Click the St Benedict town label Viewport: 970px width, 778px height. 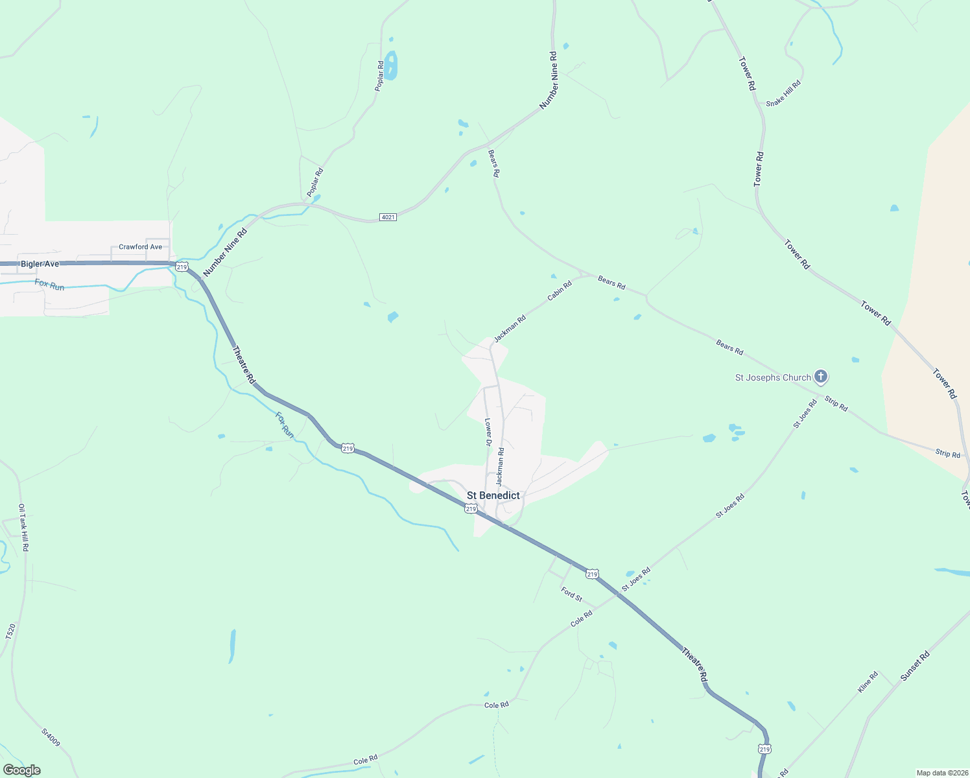click(493, 495)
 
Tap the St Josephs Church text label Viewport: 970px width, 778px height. click(773, 377)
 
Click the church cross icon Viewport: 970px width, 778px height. click(821, 377)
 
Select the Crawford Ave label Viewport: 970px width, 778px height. click(140, 247)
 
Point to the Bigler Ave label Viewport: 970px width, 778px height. click(40, 264)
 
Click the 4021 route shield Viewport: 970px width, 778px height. click(388, 217)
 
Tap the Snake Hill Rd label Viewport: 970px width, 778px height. click(783, 93)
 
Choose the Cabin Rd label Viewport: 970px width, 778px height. click(560, 290)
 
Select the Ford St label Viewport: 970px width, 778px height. click(572, 593)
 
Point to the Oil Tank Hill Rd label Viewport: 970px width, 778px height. click(23, 528)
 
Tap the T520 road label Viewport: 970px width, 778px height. click(10, 632)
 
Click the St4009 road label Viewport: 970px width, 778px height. click(51, 737)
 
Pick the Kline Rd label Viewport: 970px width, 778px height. click(868, 682)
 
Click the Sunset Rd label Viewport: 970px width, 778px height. click(915, 666)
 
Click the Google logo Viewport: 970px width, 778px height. click(21, 770)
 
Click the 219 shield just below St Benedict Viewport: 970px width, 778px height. click(471, 509)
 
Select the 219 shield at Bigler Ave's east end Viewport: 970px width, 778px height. click(182, 267)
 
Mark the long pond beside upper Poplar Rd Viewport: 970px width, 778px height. click(391, 65)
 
